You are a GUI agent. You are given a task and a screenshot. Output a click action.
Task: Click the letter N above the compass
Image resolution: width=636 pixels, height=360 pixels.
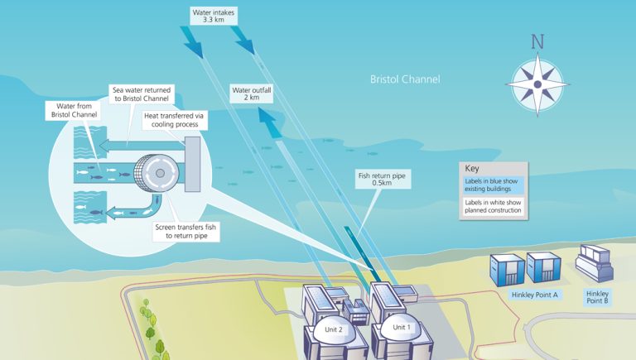537,42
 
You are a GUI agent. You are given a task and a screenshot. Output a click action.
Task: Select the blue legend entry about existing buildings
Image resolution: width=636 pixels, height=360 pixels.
493,185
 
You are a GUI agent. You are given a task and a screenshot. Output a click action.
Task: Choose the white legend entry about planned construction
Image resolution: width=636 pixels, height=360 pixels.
493,206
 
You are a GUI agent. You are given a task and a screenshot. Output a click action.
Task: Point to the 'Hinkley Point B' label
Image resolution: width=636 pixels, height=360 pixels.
598,297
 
